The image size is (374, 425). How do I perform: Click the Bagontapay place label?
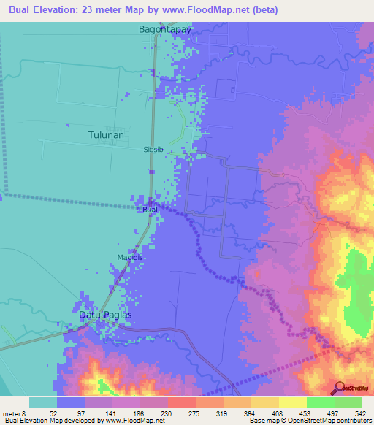coord(164,30)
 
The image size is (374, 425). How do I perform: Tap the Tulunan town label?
coord(106,135)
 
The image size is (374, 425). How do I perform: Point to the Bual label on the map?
coord(150,210)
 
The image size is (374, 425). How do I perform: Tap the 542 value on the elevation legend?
coord(360,413)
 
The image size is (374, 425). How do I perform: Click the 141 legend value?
coord(110,413)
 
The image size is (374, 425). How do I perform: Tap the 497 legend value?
coord(332,413)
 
